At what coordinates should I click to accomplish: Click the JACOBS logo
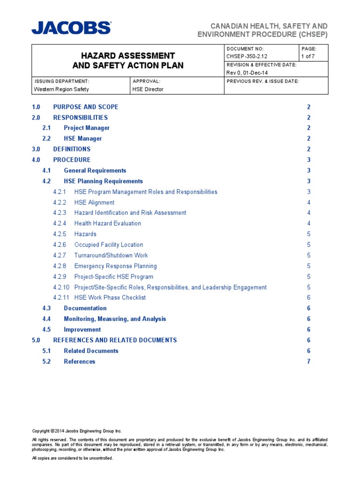click(x=71, y=28)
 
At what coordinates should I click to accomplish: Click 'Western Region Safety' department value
click(x=61, y=89)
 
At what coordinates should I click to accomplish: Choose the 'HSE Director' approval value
click(x=148, y=89)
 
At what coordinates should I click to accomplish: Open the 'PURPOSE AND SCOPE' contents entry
click(x=85, y=107)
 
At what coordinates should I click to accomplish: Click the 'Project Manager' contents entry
click(x=87, y=128)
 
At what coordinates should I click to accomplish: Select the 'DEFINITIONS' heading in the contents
click(x=72, y=149)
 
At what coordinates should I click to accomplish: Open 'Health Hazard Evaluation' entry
click(x=107, y=224)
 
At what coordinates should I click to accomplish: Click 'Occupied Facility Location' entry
click(x=108, y=245)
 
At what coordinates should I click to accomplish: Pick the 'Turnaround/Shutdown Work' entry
click(x=111, y=255)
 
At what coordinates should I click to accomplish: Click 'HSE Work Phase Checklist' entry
click(x=110, y=298)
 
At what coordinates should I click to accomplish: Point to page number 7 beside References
click(x=308, y=361)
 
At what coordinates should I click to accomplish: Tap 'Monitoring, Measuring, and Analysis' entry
click(x=115, y=319)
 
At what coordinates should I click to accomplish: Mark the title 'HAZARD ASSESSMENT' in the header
click(x=122, y=56)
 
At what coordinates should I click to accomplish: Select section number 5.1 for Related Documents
click(x=46, y=351)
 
